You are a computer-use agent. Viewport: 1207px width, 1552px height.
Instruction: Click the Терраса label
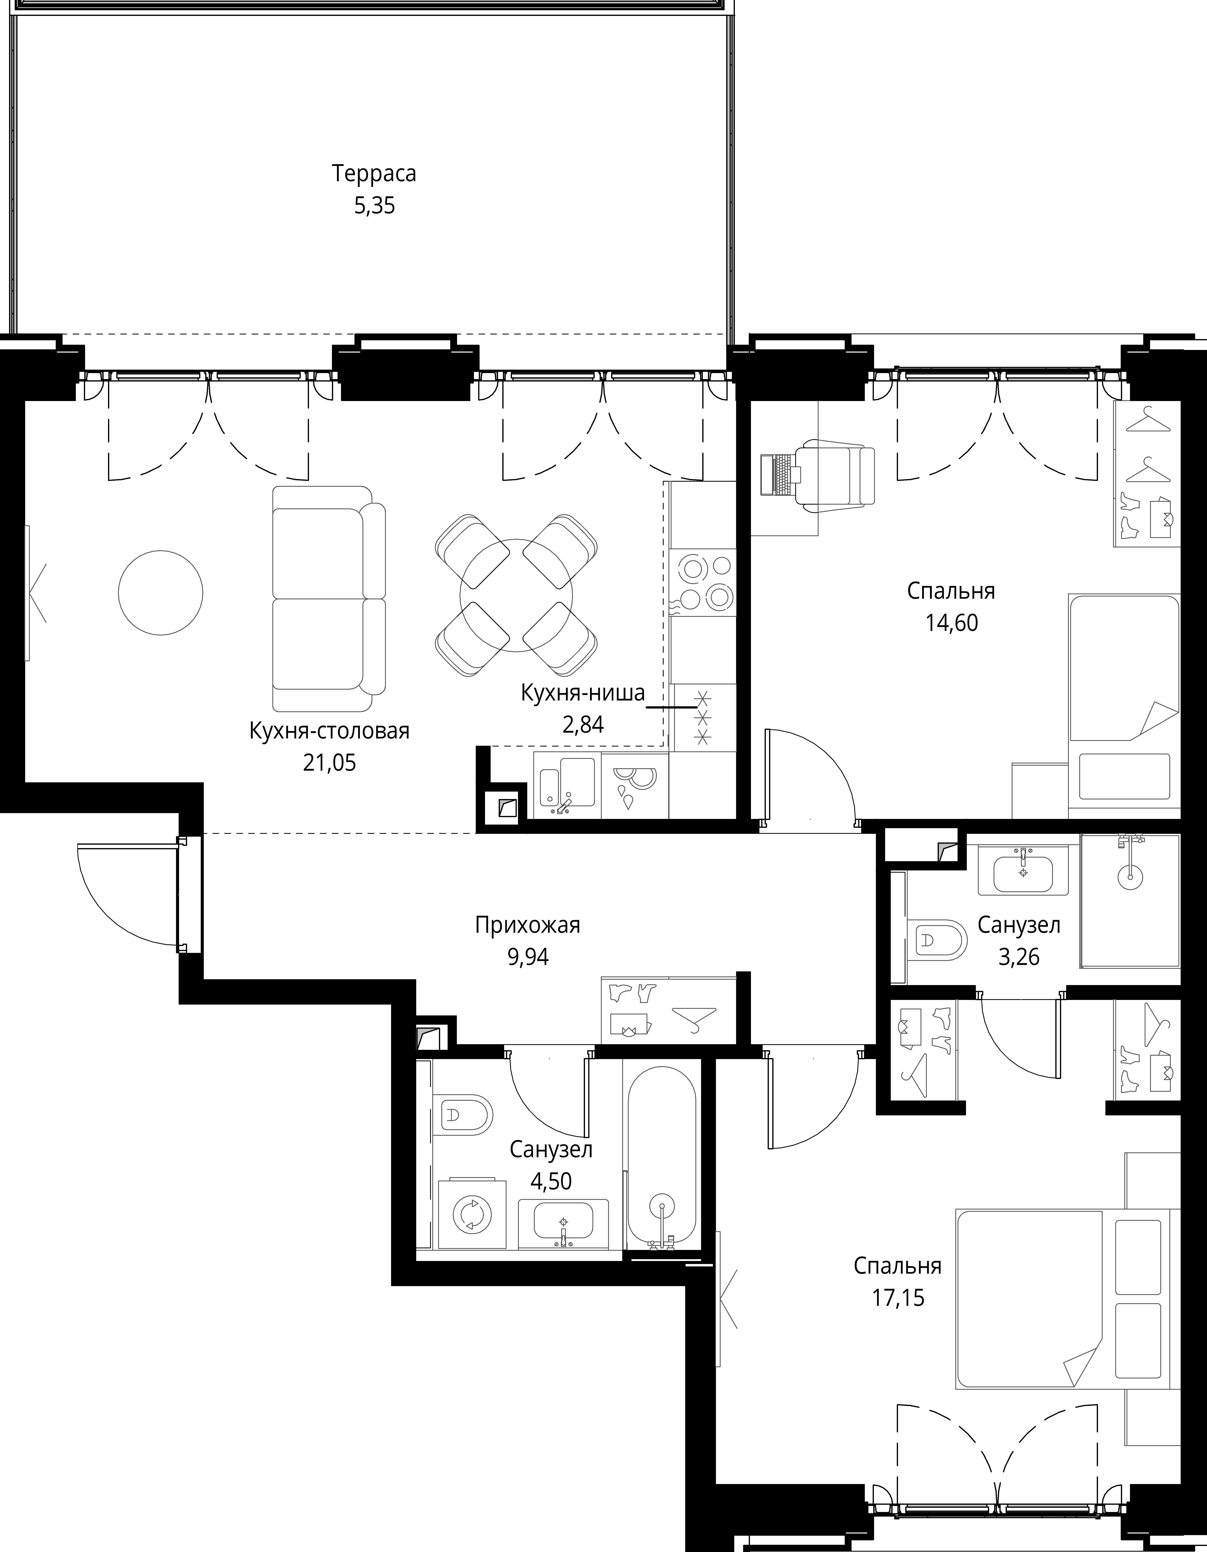coord(374,173)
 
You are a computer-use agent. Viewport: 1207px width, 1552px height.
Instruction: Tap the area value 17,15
coord(898,1298)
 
